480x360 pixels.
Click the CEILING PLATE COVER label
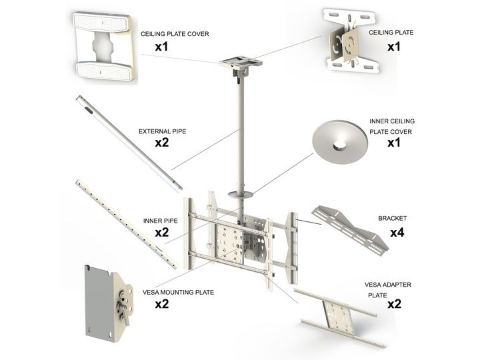coord(175,34)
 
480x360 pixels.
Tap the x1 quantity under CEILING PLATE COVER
coord(161,47)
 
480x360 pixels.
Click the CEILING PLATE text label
coord(391,33)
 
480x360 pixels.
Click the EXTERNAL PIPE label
coord(162,131)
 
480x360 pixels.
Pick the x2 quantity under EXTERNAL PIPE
coord(161,143)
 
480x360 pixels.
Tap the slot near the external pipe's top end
coord(89,111)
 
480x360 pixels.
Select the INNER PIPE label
coord(161,221)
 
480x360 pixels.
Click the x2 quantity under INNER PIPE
coord(161,233)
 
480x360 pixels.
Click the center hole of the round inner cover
coord(339,145)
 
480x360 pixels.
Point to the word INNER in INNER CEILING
coord(377,121)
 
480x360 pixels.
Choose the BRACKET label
coord(392,218)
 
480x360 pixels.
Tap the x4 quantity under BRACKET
coord(397,233)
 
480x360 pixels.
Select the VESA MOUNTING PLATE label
coord(178,293)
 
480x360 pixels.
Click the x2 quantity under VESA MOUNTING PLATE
coord(161,304)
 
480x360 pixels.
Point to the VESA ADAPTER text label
coord(388,285)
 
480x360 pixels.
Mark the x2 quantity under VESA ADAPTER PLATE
coord(394,304)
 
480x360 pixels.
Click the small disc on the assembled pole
coord(241,195)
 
